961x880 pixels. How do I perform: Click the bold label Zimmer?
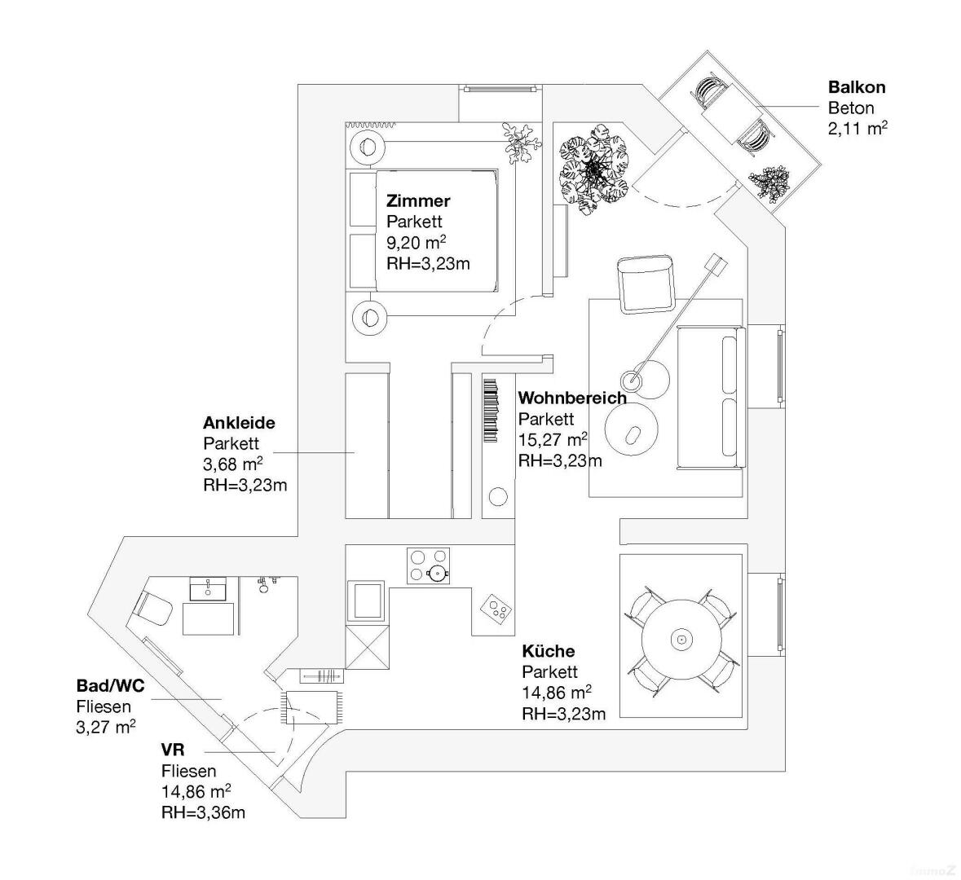pos(418,200)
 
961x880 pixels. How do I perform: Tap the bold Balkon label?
pos(856,87)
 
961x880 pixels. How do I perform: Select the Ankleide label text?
pos(239,423)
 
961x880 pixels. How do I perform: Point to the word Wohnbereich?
pos(572,398)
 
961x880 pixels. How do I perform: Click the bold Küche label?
pos(548,651)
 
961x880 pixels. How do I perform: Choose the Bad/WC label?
pos(110,685)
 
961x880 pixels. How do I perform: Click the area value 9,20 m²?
pos(416,243)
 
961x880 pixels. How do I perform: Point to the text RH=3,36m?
pos(203,812)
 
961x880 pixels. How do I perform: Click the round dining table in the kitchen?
pos(681,640)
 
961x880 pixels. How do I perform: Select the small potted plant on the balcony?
pos(769,184)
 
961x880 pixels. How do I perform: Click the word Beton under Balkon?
pos(851,108)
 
